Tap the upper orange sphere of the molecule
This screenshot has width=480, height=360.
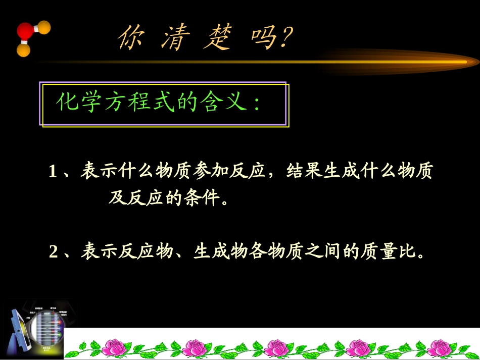pyautogui.click(x=44, y=27)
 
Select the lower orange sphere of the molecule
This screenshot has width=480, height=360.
pyautogui.click(x=23, y=50)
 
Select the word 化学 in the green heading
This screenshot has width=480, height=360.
pyautogui.click(x=76, y=103)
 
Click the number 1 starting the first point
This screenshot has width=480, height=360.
pyautogui.click(x=53, y=172)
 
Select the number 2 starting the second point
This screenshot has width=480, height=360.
pyautogui.click(x=53, y=251)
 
